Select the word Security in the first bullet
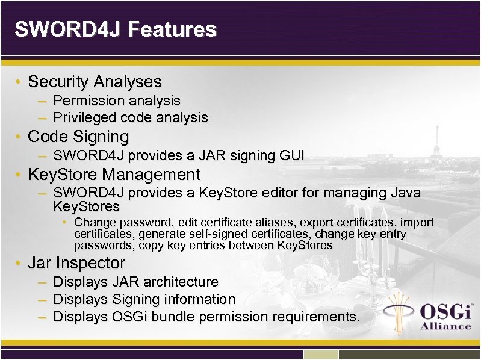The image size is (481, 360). pyautogui.click(x=59, y=81)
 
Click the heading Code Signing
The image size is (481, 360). pyautogui.click(x=78, y=137)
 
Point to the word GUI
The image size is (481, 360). pyautogui.click(x=292, y=156)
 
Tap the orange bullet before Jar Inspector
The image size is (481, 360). pyautogui.click(x=19, y=264)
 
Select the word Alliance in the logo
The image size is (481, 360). pyautogui.click(x=445, y=326)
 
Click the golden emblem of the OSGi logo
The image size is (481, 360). pyautogui.click(x=400, y=312)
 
